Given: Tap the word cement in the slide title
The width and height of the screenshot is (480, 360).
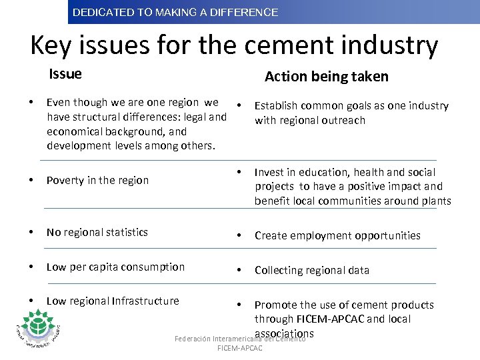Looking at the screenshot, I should tap(293, 45).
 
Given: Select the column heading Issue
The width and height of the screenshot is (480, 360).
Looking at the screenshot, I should tap(65, 74).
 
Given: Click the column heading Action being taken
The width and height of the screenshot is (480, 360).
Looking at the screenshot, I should tap(326, 77).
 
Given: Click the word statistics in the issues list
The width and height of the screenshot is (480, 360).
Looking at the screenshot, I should tap(123, 232).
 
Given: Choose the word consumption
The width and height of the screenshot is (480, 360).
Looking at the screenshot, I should tap(153, 267).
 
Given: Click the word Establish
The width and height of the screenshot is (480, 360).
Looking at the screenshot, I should tap(277, 105).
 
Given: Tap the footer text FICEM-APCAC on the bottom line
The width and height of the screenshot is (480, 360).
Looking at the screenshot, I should tap(240, 348).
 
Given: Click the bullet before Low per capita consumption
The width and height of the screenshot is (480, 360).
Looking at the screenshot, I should tap(31, 267).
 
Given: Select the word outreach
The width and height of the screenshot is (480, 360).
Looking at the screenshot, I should tap(343, 120).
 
